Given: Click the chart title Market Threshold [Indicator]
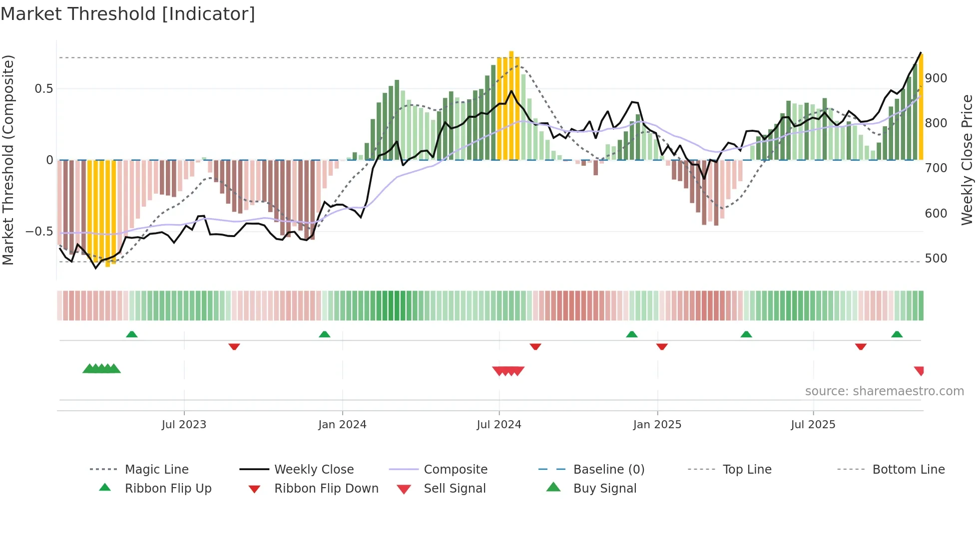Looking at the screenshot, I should point(128,14).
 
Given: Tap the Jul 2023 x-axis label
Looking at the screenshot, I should point(184,425).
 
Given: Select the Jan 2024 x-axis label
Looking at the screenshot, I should point(342,425).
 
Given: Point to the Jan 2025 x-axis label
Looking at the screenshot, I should point(657,425).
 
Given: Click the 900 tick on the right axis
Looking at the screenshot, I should point(936,78).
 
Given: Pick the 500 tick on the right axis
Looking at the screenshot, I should point(936,259).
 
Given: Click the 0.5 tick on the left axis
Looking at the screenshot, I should point(43,89).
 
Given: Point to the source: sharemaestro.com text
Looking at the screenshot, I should point(884,391).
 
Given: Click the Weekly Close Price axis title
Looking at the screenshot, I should point(967,160).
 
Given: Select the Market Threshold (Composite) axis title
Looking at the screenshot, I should point(8,160).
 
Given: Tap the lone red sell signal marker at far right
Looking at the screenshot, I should point(919,371).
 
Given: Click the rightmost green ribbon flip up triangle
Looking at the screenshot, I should point(897,334).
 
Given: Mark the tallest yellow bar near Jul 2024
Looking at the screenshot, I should point(511,105).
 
